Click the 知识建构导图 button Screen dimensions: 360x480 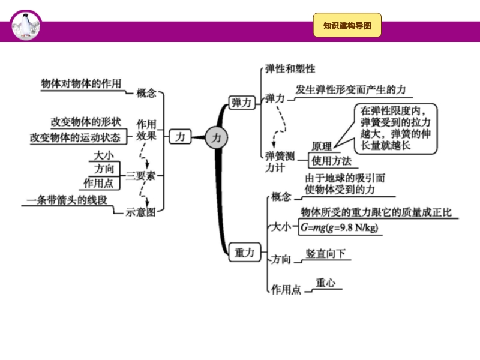coord(347,25)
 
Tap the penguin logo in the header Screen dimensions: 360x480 coord(25,25)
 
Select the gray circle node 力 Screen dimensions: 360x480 coord(217,138)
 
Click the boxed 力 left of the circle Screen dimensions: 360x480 coord(179,137)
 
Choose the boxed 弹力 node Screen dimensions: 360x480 coord(242,102)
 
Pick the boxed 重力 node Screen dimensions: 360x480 coord(242,253)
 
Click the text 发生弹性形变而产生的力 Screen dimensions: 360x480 coord(350,89)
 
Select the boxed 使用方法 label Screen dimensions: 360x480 coord(332,160)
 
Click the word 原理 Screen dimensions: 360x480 coord(322,146)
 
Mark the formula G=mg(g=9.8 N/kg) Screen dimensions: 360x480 coord(340,228)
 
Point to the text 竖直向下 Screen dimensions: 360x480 coord(326,254)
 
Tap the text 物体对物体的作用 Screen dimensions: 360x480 coord(81,83)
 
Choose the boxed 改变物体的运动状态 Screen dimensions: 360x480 coord(75,137)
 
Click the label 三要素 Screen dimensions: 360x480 coord(140,176)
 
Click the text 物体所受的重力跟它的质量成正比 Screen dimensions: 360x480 coord(376,212)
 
